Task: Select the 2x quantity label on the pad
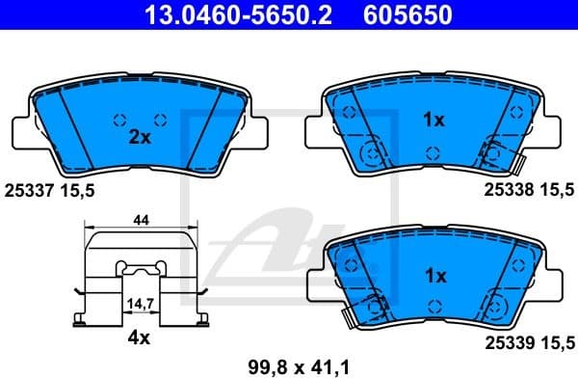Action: coord(141,137)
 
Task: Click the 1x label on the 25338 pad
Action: coord(433,121)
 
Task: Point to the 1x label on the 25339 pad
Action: coord(433,276)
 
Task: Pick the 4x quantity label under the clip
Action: coord(140,337)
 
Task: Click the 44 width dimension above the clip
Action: coord(141,221)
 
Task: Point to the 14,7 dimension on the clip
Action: coord(141,303)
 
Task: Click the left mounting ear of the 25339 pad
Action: coord(315,283)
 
